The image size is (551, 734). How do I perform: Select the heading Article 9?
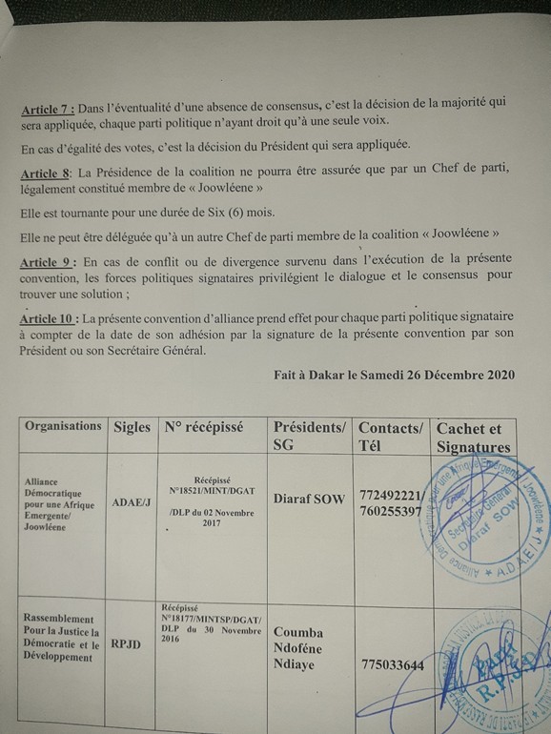click(48, 262)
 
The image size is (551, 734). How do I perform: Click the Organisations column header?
click(63, 427)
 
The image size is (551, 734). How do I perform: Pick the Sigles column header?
click(132, 427)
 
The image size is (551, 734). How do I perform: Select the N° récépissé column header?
click(204, 427)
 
